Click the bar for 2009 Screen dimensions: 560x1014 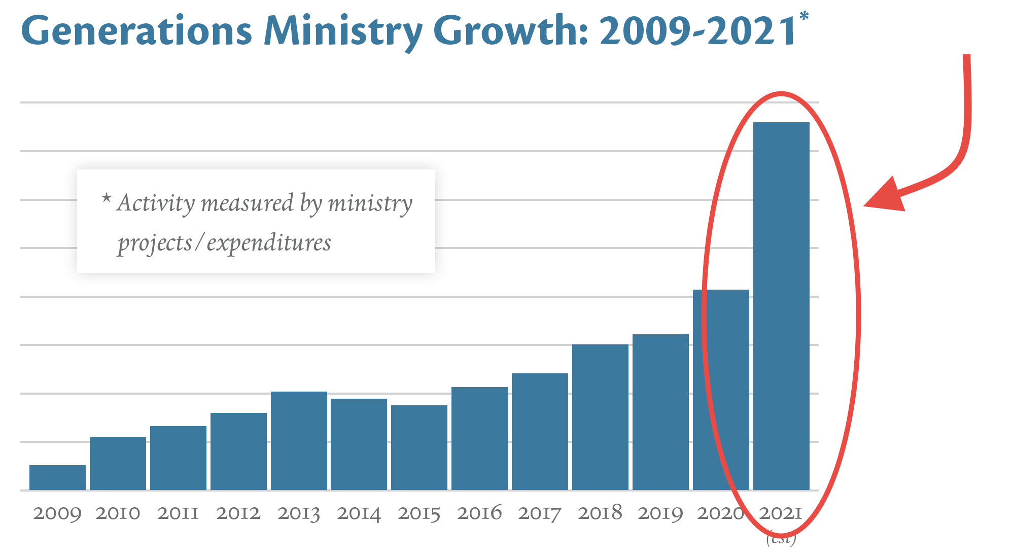point(57,477)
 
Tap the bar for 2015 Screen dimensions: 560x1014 point(419,447)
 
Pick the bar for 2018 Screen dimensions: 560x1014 point(600,417)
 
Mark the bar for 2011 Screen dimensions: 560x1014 point(178,458)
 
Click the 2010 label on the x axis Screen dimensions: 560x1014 point(118,513)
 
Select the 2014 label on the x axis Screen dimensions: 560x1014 point(359,513)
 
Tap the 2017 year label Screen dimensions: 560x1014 point(540,513)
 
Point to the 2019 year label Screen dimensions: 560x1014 point(660,513)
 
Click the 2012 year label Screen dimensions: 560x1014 point(238,513)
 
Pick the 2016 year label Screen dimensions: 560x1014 point(479,513)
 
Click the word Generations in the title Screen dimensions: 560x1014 point(136,31)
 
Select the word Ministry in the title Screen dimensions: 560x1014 point(343,31)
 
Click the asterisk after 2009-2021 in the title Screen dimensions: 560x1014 point(804,17)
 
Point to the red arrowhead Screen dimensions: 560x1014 point(887,196)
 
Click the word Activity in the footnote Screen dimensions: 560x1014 point(155,203)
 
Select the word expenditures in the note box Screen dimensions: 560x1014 point(269,243)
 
